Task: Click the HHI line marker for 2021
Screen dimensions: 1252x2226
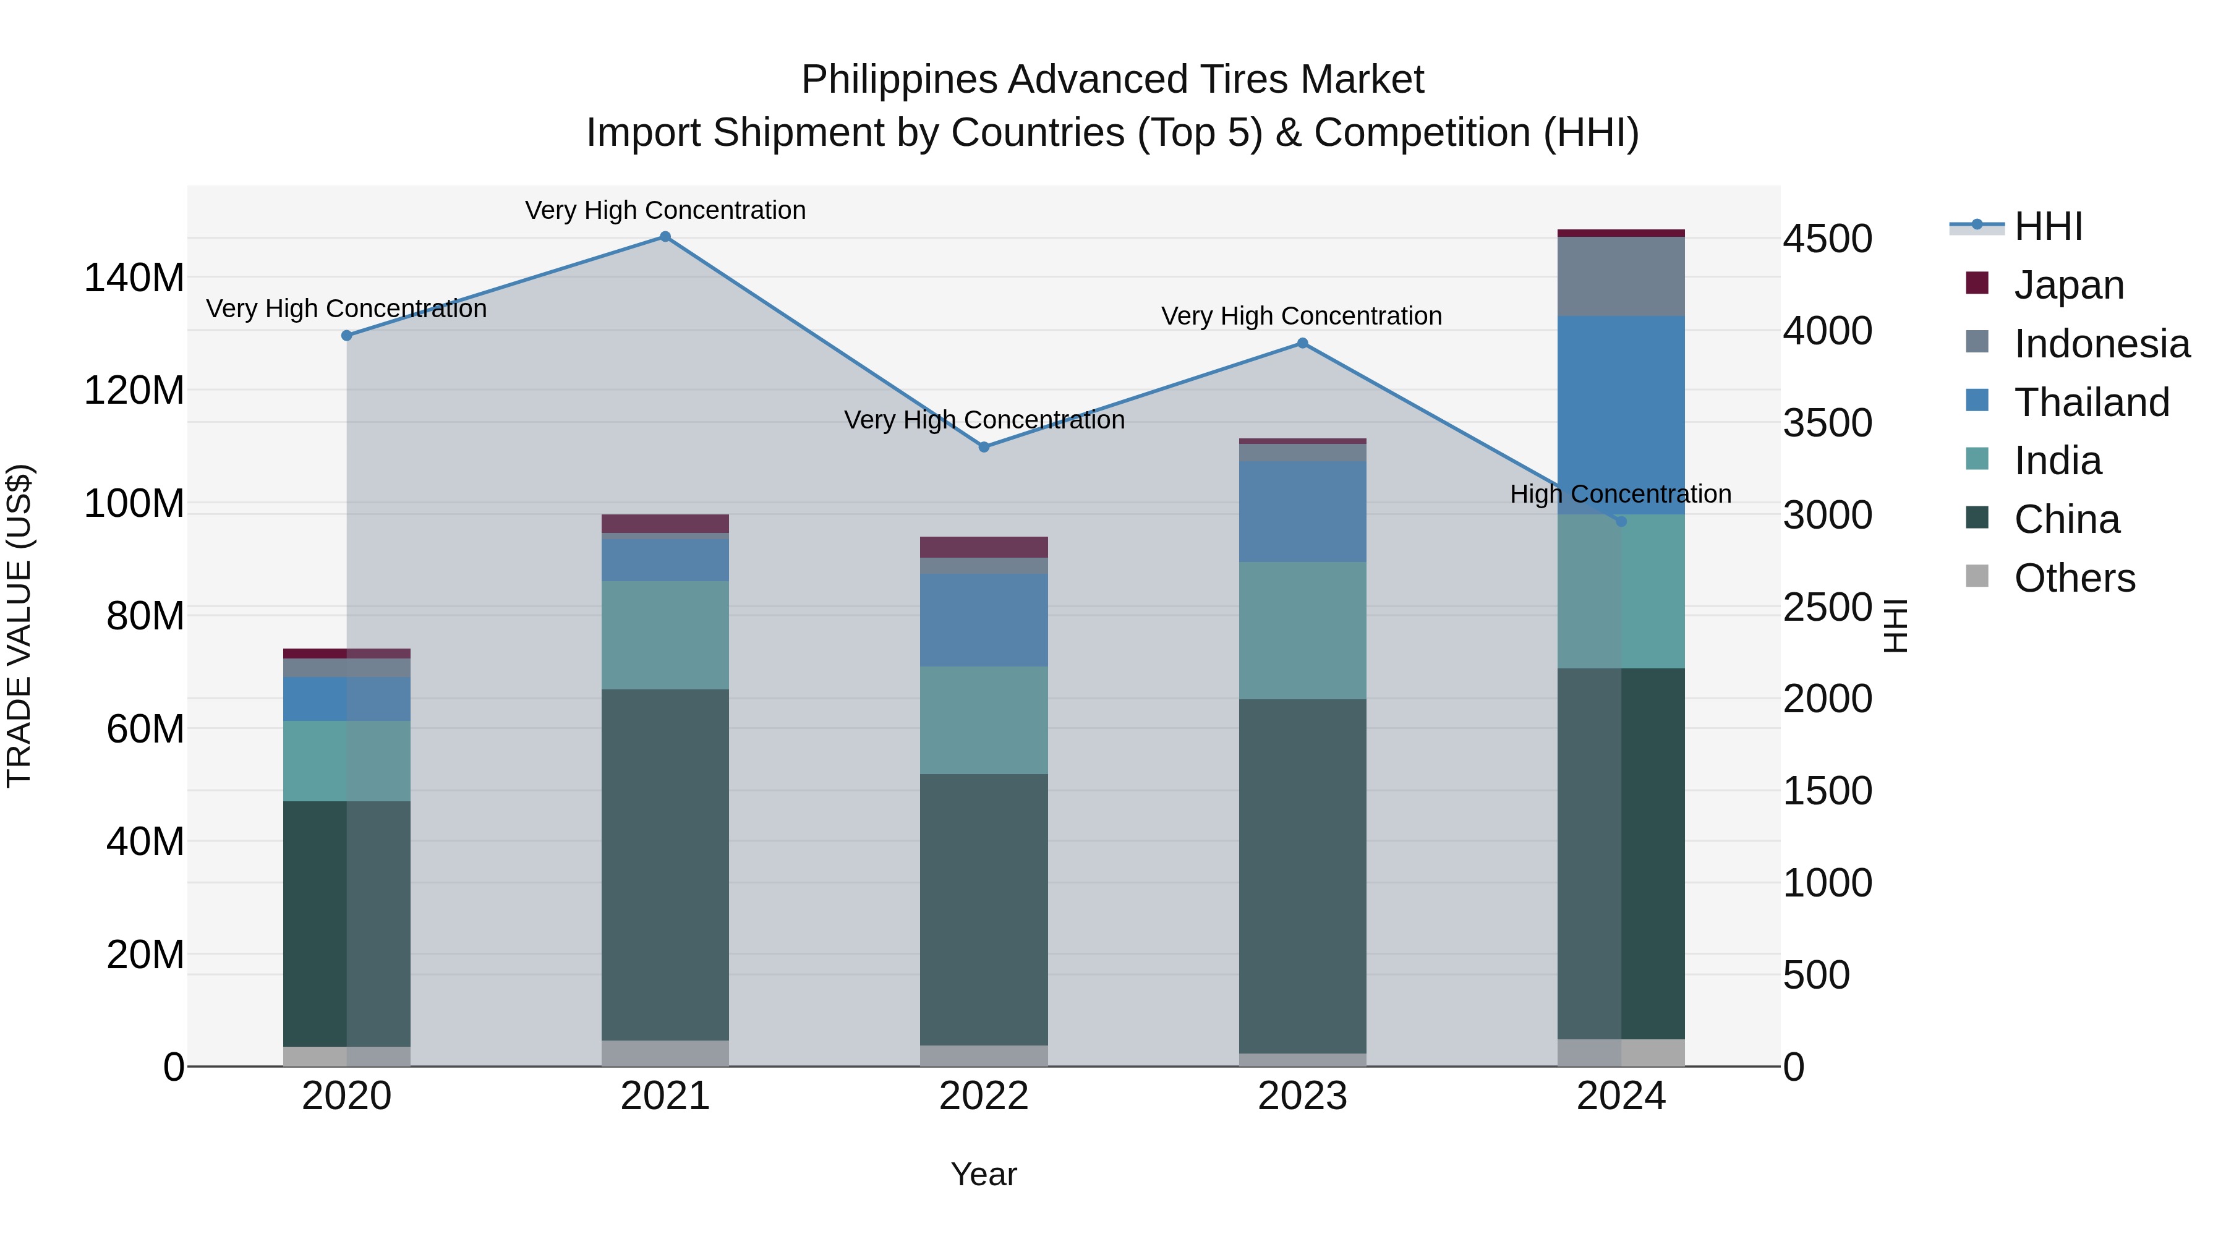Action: (x=665, y=237)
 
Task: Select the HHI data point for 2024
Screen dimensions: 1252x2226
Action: (x=1620, y=521)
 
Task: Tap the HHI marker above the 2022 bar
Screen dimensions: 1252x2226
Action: (x=983, y=447)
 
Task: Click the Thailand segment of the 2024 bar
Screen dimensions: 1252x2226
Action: (x=1620, y=415)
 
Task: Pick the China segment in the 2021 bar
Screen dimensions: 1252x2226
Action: (x=665, y=864)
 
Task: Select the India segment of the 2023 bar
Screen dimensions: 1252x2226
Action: (x=1302, y=631)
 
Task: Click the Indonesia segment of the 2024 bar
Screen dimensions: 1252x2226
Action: (x=1620, y=276)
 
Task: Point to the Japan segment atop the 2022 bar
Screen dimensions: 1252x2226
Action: (x=983, y=547)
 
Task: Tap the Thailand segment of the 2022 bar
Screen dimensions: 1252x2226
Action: (x=983, y=620)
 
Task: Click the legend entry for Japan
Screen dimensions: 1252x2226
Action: (x=2068, y=285)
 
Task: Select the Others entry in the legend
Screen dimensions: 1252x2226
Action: (x=2074, y=578)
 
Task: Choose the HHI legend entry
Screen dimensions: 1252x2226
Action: (x=2047, y=226)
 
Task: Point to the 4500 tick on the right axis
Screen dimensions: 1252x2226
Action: (x=1828, y=239)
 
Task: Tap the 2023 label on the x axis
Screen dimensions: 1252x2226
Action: (x=1302, y=1096)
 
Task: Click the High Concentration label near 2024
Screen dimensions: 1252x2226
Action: (x=1620, y=494)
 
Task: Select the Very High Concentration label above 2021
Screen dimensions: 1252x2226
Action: (x=665, y=210)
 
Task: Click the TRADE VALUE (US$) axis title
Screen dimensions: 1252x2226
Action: (x=19, y=626)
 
